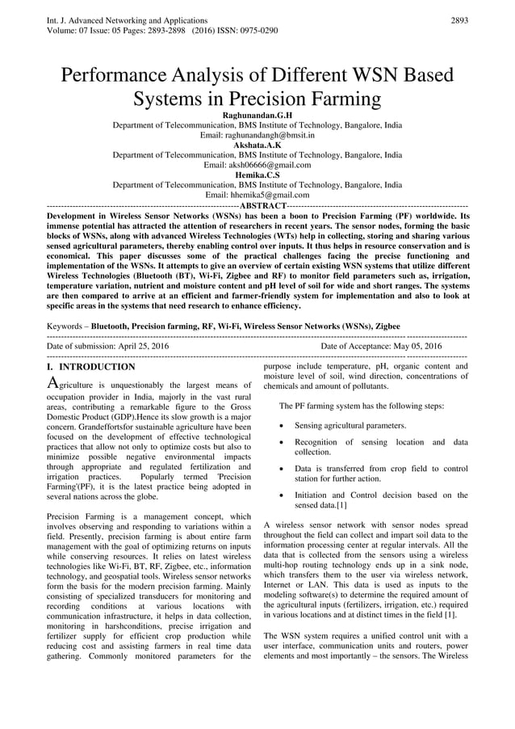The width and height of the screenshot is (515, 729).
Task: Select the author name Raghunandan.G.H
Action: point(257,116)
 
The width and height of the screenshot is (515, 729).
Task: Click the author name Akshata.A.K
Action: point(257,145)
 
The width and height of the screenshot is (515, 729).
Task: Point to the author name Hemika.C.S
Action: point(257,175)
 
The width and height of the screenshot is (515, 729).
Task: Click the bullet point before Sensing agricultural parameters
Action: point(279,425)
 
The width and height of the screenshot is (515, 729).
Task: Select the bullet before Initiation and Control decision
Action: point(279,495)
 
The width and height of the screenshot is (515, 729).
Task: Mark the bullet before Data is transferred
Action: point(279,468)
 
